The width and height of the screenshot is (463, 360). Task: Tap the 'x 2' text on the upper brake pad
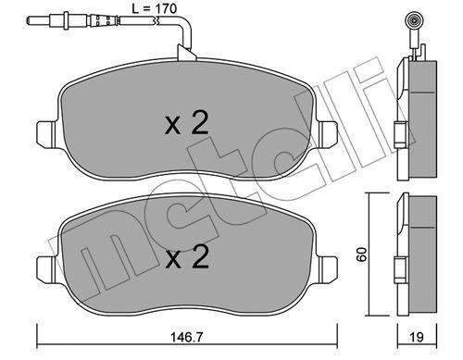[186, 126]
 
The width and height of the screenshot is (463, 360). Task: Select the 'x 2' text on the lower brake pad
[186, 259]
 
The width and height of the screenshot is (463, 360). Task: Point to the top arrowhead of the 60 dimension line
[369, 198]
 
